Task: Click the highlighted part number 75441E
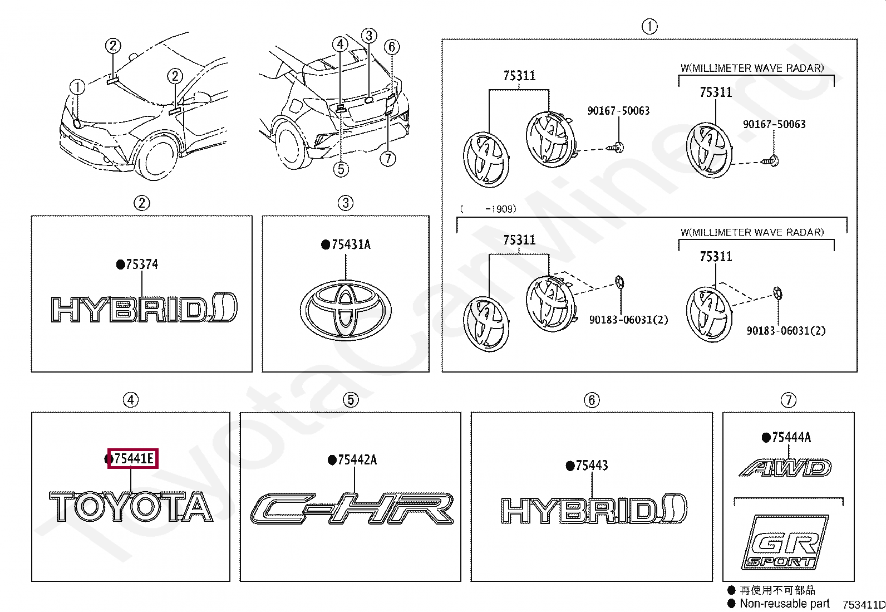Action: tap(133, 459)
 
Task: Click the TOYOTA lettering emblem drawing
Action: tap(131, 507)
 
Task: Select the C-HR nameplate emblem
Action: tap(352, 509)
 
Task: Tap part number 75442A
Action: tap(357, 460)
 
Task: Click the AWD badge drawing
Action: tap(785, 468)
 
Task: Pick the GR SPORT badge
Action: tap(785, 542)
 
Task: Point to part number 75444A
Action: tap(791, 438)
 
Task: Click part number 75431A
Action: tap(351, 244)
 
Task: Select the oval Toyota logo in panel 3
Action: tap(346, 308)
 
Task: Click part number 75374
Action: tap(141, 265)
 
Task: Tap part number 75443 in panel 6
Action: tap(592, 466)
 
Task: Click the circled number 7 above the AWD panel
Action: tap(788, 400)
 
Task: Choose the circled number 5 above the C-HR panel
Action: tap(350, 399)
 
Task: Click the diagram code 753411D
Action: tap(863, 605)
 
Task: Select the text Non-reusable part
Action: tap(784, 603)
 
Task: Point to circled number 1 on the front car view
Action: tap(77, 87)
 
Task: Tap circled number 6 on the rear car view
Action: tap(392, 46)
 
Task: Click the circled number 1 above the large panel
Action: tap(649, 26)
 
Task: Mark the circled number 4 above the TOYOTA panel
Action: tap(130, 400)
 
